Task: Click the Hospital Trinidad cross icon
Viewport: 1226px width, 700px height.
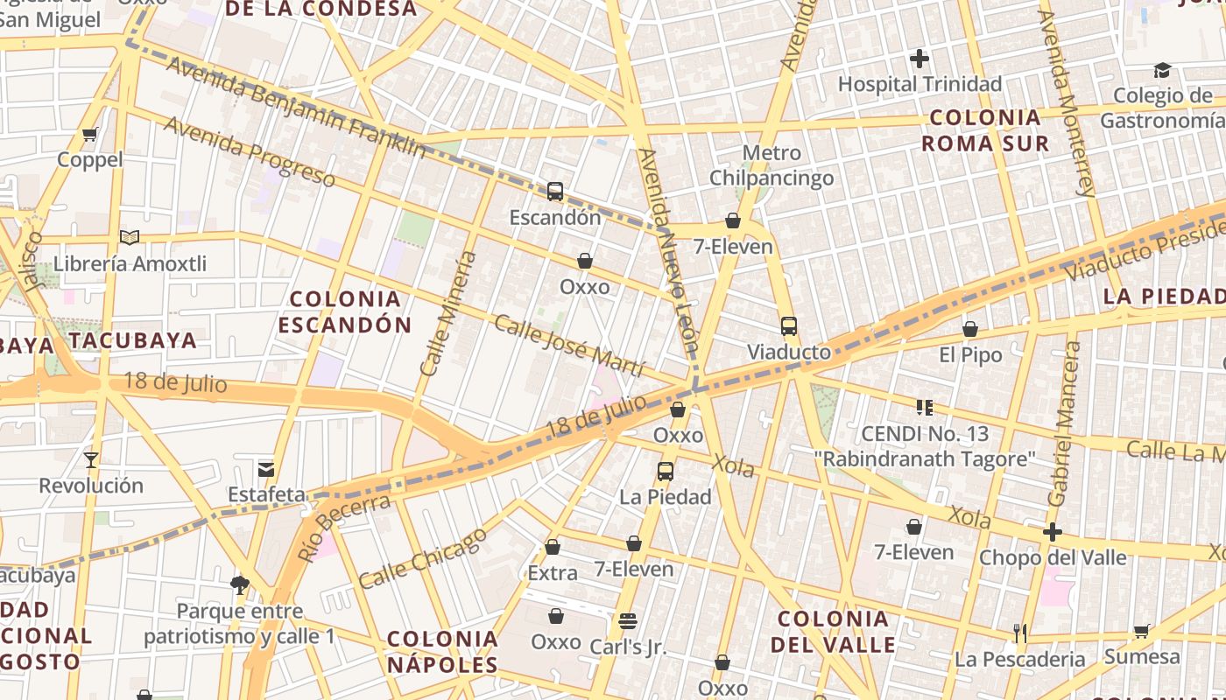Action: tap(919, 59)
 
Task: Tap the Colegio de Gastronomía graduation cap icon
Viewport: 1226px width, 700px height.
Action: tap(1162, 70)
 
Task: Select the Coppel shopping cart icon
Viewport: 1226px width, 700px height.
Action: tap(89, 134)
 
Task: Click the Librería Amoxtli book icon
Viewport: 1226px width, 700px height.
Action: tap(129, 237)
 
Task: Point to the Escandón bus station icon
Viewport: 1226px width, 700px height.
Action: tap(554, 191)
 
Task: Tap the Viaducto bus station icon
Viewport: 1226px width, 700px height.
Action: tap(788, 326)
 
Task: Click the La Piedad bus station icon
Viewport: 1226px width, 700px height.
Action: tap(665, 471)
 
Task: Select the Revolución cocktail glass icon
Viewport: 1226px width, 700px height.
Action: tap(90, 459)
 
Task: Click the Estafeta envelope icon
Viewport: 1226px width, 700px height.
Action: tap(266, 469)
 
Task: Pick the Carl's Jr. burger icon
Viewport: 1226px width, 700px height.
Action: tap(627, 621)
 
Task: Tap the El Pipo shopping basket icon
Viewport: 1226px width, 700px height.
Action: tap(969, 329)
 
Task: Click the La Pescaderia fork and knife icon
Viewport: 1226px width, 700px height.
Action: tap(1019, 633)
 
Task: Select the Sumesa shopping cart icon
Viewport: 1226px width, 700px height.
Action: tap(1141, 631)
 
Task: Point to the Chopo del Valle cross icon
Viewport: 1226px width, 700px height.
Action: tap(1052, 532)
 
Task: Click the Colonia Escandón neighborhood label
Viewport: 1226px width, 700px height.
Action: tap(344, 312)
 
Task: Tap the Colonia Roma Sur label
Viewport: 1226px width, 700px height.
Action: tap(985, 130)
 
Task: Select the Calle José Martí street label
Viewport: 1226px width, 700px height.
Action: tap(569, 346)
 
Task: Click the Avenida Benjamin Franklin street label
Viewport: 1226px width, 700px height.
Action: tap(295, 108)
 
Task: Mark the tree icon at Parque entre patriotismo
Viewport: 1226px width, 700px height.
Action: tap(238, 584)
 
